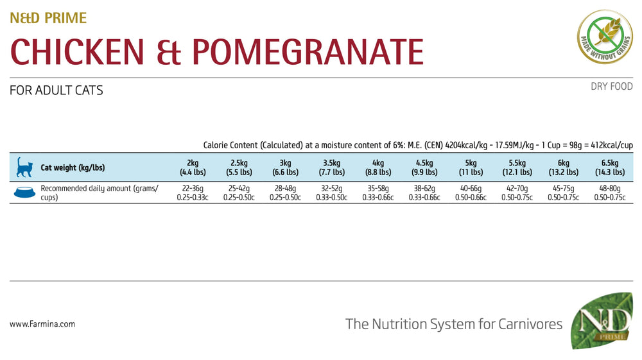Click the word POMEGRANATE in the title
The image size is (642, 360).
tap(308, 52)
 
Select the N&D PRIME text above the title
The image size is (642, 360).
tap(48, 18)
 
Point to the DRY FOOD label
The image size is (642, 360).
tap(612, 87)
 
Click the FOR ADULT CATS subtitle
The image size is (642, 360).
tap(56, 90)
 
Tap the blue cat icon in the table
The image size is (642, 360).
tap(24, 167)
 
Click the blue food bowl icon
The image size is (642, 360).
tap(24, 193)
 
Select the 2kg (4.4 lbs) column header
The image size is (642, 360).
tap(192, 167)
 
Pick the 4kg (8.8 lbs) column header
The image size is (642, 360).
tap(377, 167)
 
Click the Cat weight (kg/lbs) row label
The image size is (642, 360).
tap(73, 168)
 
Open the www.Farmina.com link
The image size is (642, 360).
tap(42, 324)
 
